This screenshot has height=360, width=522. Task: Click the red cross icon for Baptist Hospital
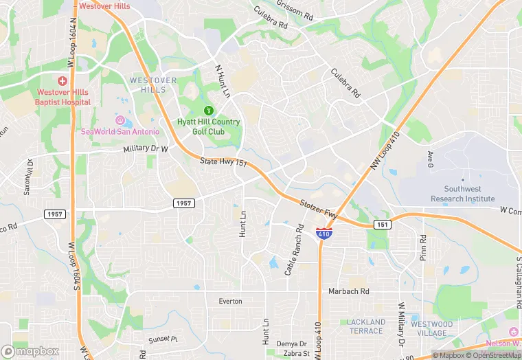pyautogui.click(x=63, y=81)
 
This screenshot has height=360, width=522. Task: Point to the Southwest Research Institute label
pyautogui.click(x=462, y=194)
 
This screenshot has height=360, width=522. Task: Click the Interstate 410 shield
pyautogui.click(x=324, y=234)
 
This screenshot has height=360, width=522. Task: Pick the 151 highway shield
pyautogui.click(x=383, y=225)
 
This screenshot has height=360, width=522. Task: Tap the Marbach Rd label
pyautogui.click(x=348, y=291)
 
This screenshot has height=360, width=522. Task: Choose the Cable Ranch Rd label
pyautogui.click(x=294, y=249)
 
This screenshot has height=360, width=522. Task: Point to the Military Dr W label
pyautogui.click(x=146, y=148)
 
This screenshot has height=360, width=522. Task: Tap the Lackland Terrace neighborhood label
pyautogui.click(x=365, y=326)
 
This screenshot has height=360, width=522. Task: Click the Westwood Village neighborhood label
pyautogui.click(x=431, y=329)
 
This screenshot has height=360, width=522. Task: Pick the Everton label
pyautogui.click(x=230, y=301)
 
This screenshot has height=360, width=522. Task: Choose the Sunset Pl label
pyautogui.click(x=163, y=339)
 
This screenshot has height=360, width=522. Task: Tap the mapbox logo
pyautogui.click(x=30, y=351)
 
